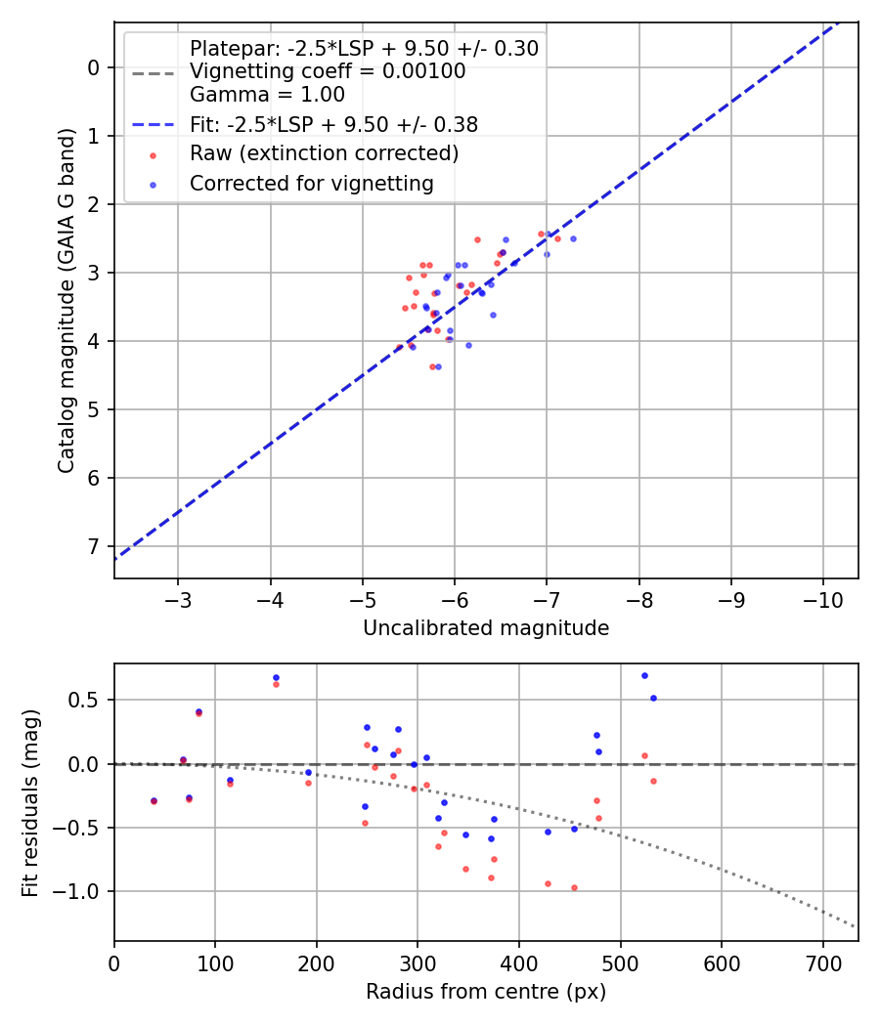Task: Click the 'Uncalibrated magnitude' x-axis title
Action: click(486, 628)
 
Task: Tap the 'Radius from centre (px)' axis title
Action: click(486, 993)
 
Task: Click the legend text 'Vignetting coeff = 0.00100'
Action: click(328, 71)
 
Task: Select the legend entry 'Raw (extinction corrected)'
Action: click(324, 153)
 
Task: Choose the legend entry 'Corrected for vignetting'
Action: click(312, 183)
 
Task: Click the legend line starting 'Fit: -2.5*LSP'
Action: click(333, 124)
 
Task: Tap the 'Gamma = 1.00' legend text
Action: click(267, 95)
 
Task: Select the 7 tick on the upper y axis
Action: click(94, 546)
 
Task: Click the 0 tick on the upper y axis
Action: click(94, 67)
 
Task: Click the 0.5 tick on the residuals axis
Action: click(88, 700)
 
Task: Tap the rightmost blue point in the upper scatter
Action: click(573, 238)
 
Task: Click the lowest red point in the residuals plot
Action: click(574, 887)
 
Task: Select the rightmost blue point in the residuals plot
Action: click(653, 698)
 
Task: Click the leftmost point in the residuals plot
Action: click(154, 800)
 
